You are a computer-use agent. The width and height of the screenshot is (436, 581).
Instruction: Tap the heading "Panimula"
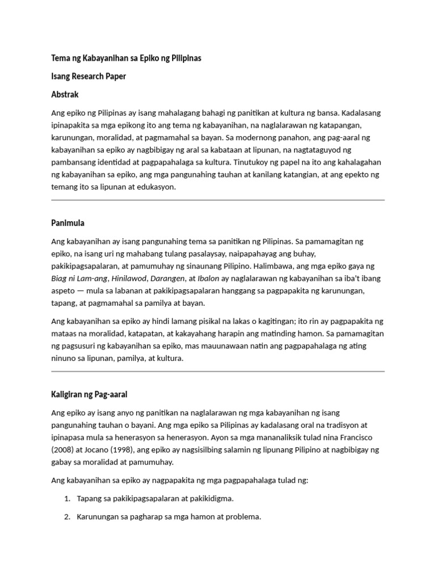(68, 223)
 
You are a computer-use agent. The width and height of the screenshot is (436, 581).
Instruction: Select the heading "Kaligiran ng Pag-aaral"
(93, 394)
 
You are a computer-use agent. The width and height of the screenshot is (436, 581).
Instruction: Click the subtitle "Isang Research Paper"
(88, 77)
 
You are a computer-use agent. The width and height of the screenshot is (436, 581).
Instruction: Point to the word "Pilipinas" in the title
(185, 58)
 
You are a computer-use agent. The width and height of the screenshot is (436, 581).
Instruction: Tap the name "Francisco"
(359, 437)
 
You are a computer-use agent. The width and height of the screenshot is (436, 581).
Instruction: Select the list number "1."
(66, 499)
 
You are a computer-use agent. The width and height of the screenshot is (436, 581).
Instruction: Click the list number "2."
(66, 517)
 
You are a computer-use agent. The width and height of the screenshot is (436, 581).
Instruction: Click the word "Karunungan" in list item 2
(98, 517)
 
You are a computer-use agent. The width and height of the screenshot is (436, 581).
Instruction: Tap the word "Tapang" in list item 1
(88, 499)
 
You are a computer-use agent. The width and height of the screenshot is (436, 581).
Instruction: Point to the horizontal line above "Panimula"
(218, 200)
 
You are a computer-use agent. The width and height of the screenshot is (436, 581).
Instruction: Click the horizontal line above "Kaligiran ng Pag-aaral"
(218, 372)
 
